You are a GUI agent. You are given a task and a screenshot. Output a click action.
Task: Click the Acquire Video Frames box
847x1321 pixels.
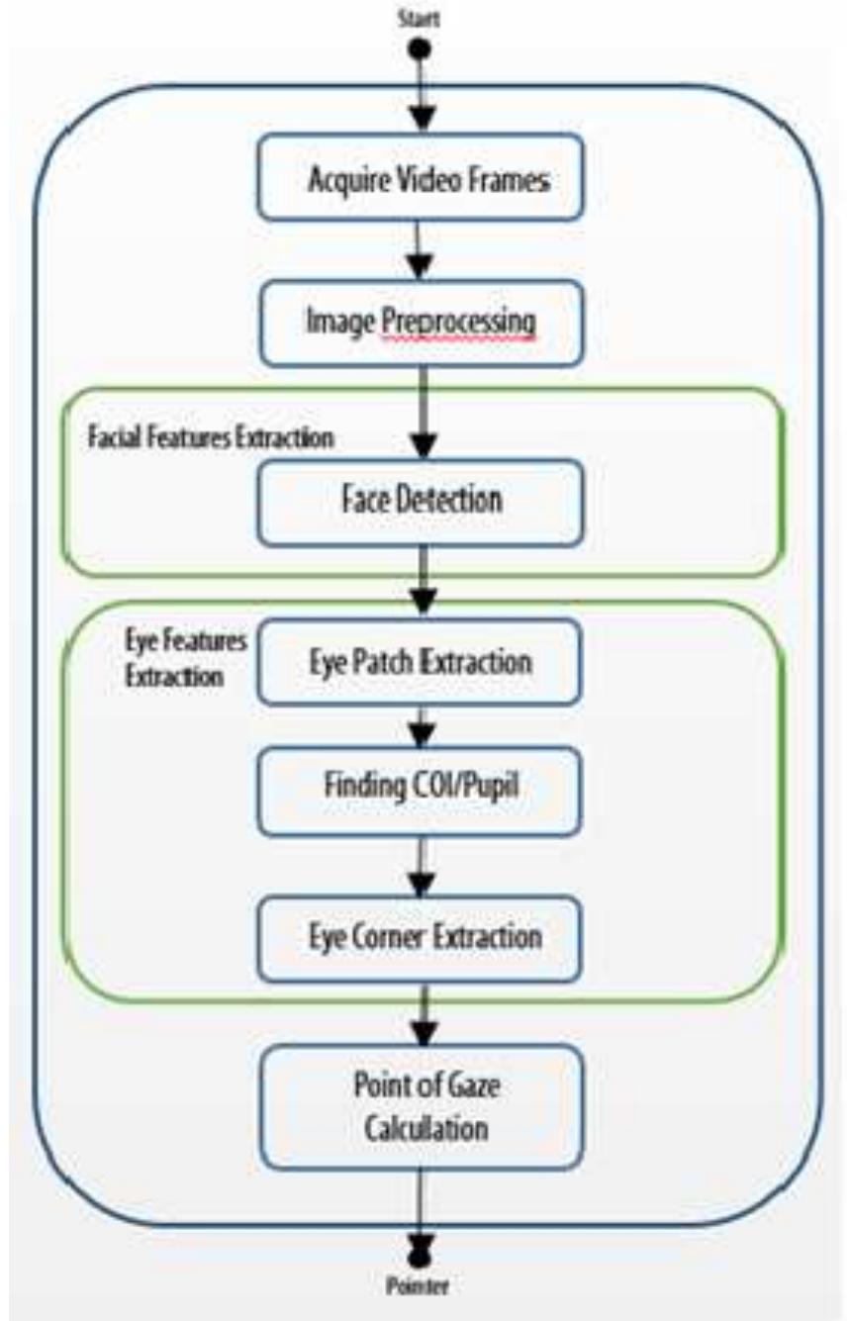click(421, 179)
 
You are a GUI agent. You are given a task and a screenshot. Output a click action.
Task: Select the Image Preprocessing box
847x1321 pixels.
click(421, 322)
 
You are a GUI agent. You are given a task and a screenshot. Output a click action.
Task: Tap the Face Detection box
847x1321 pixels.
click(421, 500)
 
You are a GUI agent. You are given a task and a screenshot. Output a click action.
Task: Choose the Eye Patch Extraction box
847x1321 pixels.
click(421, 660)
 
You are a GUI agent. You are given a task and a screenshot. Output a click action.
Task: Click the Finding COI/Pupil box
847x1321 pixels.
click(421, 788)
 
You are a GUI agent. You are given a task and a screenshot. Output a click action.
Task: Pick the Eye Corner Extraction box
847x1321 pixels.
click(421, 935)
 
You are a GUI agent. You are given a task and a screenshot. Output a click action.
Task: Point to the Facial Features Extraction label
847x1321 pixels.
click(209, 436)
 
